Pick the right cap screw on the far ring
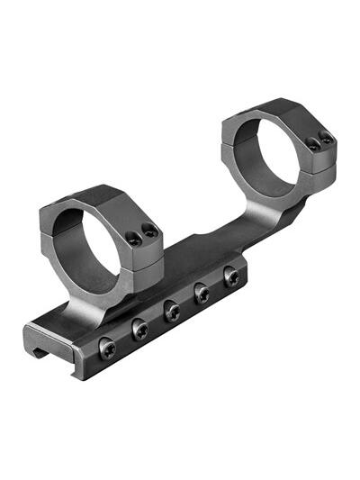(x=325, y=139)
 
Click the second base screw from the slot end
(x=139, y=330)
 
